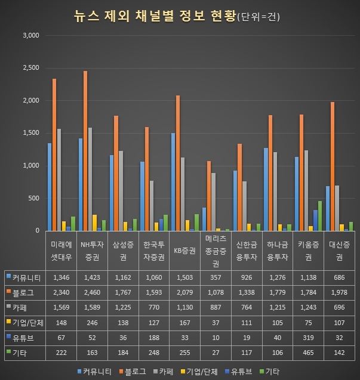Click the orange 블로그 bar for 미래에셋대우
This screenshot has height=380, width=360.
tap(54, 155)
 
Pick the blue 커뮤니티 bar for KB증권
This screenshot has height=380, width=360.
tap(173, 182)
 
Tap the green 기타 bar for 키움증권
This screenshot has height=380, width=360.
tap(320, 216)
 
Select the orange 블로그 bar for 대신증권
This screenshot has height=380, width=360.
tap(333, 166)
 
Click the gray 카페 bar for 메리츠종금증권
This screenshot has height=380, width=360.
tap(213, 202)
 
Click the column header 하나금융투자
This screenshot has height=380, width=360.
tap(276, 251)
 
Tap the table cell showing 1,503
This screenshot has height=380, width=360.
tap(184, 277)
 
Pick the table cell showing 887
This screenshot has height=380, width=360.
tap(215, 308)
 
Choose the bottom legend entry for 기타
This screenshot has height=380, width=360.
tap(272, 371)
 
